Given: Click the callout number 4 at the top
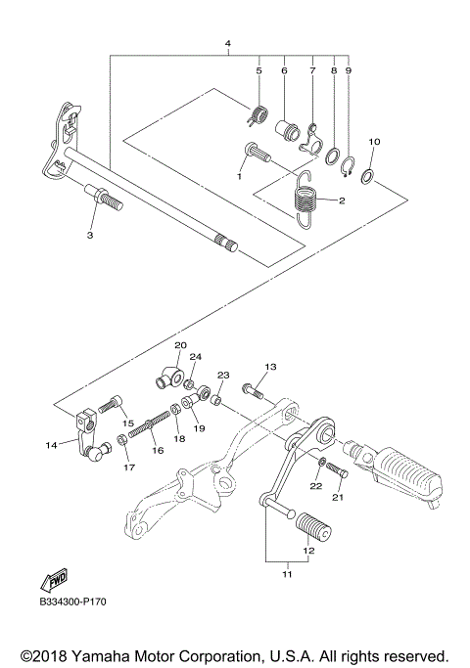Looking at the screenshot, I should (227, 45).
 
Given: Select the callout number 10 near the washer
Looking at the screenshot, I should (373, 143).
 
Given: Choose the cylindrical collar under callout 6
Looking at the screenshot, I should (287, 129).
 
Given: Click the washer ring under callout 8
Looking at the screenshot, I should (333, 156).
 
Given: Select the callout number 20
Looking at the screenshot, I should (180, 346).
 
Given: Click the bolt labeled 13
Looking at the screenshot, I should (252, 391).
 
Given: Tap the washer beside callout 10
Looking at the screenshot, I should (367, 177).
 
